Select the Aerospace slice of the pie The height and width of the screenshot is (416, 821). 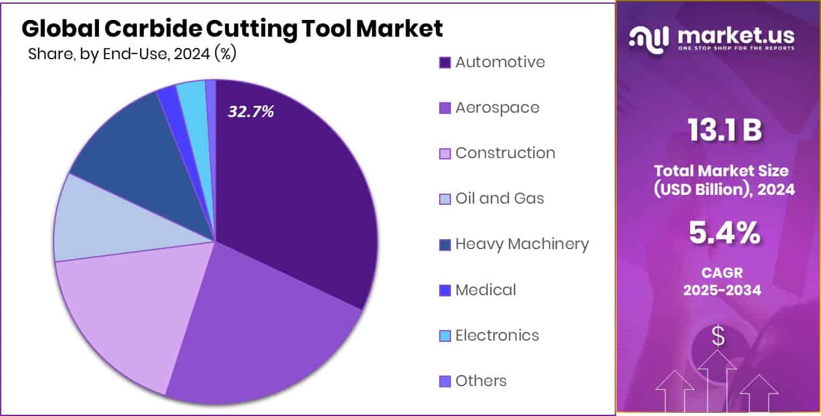point(262,330)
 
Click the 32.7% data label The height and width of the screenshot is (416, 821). point(250,112)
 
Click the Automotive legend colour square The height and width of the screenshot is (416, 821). point(445,62)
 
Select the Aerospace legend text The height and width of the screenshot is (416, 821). point(497,108)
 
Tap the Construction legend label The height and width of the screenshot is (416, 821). point(505,153)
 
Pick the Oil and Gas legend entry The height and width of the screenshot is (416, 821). point(500,199)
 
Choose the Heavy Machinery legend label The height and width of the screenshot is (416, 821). point(521,244)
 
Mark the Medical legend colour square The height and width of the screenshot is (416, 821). point(445,290)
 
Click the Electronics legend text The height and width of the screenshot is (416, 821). point(497,336)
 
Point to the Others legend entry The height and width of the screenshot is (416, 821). point(481,381)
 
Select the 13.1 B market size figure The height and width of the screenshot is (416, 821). point(724,131)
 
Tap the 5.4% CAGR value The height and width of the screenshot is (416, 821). point(724,234)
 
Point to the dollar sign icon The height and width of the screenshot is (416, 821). point(718,337)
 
